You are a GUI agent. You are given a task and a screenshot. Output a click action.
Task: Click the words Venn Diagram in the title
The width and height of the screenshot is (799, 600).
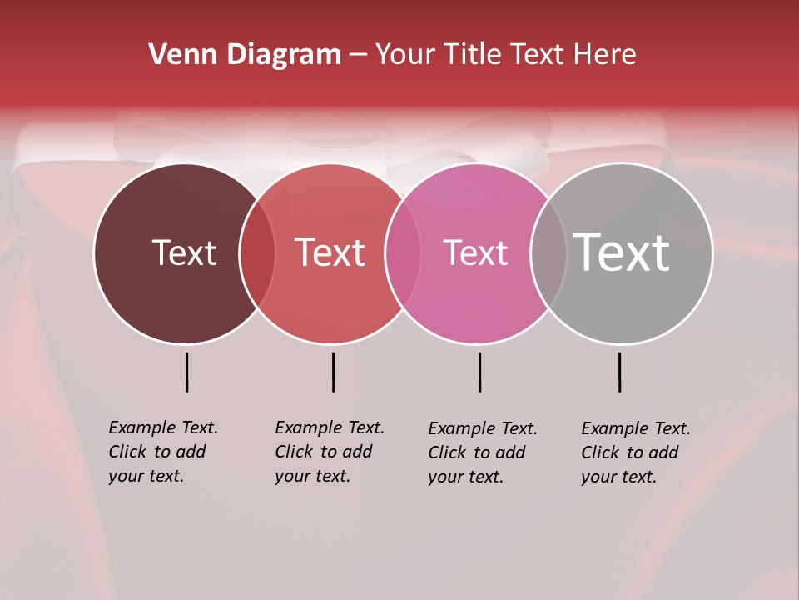(245, 55)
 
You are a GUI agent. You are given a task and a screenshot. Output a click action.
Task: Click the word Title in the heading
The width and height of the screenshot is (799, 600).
(475, 55)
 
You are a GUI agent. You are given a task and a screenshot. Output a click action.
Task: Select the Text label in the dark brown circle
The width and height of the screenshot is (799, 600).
(184, 252)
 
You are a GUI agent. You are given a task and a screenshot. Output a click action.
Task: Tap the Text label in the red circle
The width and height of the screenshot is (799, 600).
(330, 252)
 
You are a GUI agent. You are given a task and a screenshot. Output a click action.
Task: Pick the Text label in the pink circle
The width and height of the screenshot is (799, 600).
(475, 252)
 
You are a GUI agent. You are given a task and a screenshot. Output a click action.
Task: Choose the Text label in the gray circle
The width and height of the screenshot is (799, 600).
(622, 252)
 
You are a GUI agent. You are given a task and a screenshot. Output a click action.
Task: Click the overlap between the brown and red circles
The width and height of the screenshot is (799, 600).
(257, 252)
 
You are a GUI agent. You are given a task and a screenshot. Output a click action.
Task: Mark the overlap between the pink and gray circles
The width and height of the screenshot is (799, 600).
(548, 252)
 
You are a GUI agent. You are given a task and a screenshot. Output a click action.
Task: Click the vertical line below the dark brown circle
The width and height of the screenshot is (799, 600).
(187, 372)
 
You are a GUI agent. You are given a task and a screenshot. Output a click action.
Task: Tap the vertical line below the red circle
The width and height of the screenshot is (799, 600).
(333, 372)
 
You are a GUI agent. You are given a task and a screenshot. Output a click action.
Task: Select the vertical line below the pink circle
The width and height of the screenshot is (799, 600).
(479, 372)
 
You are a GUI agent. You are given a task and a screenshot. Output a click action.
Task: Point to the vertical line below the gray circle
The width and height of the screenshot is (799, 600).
(619, 372)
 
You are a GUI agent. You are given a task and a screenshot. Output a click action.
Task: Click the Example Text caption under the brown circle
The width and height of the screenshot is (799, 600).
(163, 452)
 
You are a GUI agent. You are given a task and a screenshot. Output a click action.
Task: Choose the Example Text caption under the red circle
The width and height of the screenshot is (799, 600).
(330, 452)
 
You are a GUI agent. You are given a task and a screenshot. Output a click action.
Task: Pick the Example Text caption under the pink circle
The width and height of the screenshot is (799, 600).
(483, 452)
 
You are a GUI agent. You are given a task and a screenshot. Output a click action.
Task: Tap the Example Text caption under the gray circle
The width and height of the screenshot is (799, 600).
(636, 452)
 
